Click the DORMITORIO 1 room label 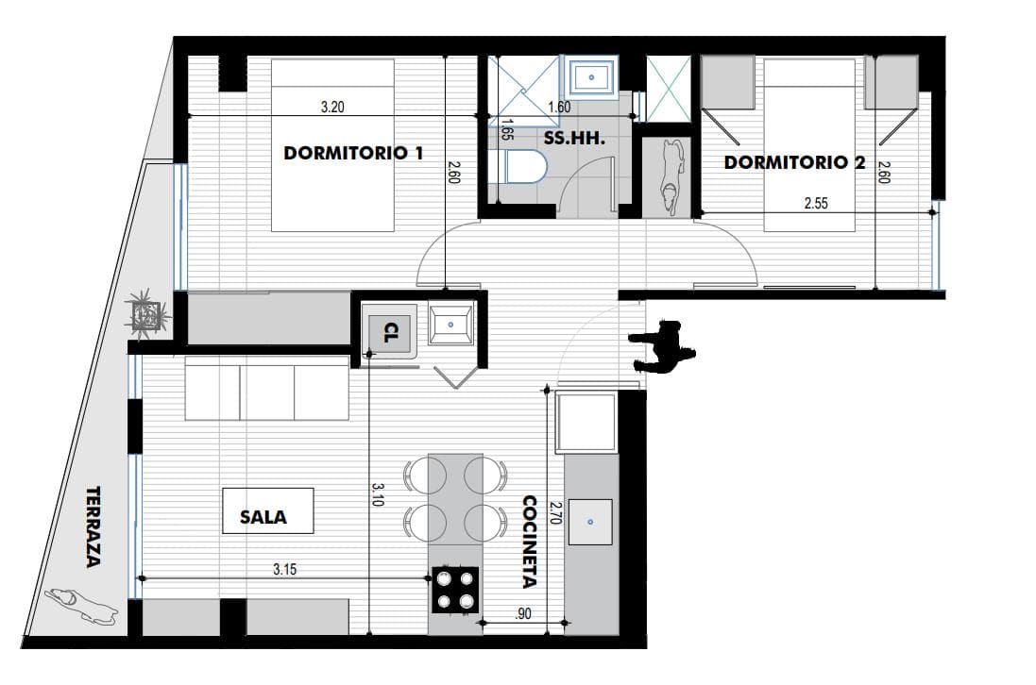353,153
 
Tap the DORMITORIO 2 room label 794,162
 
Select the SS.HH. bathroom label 574,139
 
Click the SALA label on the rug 263,517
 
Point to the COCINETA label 530,542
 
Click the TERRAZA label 93,526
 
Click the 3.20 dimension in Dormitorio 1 332,107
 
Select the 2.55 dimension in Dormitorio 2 816,203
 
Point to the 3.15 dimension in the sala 285,569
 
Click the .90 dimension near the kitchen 522,613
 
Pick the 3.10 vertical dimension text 377,494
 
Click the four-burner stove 455,590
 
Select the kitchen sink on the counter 590,522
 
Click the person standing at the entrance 663,348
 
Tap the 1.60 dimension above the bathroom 559,107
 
